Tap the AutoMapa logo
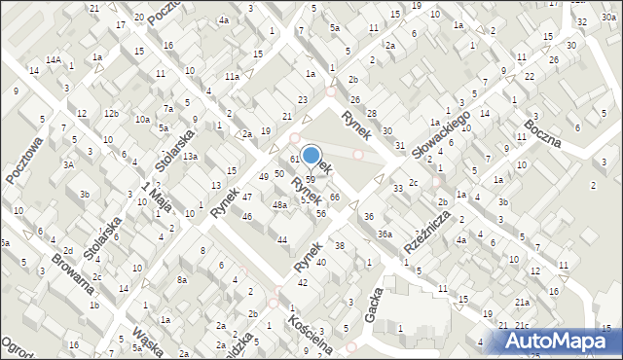557,341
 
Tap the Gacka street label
373,310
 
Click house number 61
294,159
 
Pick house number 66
334,198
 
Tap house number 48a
279,205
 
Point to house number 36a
385,234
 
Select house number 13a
191,157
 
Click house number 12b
112,114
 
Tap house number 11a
232,76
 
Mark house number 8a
181,280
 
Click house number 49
264,176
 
